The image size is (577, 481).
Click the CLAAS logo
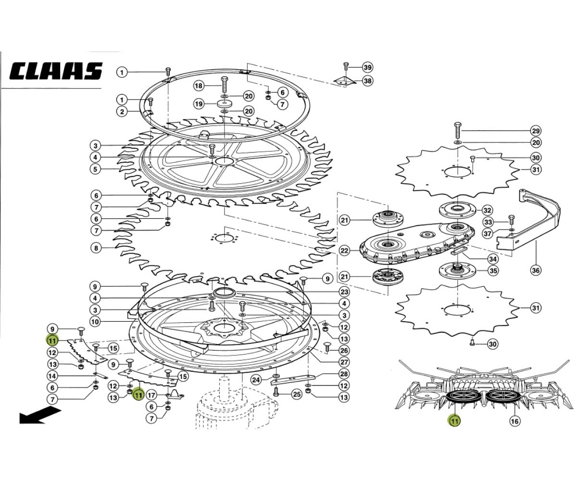coord(56,71)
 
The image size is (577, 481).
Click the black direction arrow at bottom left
coord(39,416)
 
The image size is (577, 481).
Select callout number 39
coord(367,67)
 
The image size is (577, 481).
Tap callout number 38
coord(367,81)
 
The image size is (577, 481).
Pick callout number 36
coord(536,270)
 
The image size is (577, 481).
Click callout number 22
coord(344,251)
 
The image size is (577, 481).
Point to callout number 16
coord(514,421)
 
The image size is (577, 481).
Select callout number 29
coord(536,131)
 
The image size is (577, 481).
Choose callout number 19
coord(199,104)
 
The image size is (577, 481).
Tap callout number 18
coord(199,86)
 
